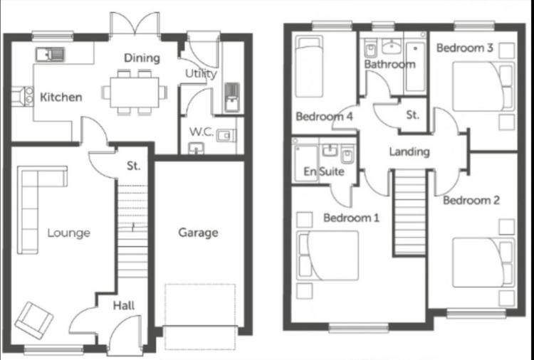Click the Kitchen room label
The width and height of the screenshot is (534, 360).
61,97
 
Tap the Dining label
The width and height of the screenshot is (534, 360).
142,58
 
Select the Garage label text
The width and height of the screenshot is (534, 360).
198,233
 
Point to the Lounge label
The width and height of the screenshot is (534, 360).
68,233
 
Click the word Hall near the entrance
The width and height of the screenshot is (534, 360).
124,305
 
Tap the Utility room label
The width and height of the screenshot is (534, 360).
201,73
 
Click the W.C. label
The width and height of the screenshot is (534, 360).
201,132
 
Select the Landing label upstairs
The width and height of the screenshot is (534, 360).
409,152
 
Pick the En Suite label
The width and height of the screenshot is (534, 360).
324,171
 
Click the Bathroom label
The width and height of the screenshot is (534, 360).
389,64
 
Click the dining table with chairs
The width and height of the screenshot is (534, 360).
135,91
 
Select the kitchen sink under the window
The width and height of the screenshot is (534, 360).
48,53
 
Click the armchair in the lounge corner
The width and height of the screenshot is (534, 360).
33,319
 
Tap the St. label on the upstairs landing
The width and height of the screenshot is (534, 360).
412,115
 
